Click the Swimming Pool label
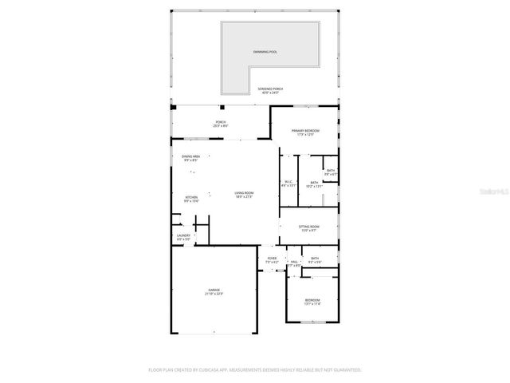point(265,53)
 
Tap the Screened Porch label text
point(269,89)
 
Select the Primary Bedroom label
point(305,130)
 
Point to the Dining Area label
point(190,156)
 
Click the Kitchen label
point(191,197)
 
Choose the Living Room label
point(244,192)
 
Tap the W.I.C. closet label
point(288,182)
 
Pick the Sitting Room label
point(309,227)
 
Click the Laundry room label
point(183,235)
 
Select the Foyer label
point(272,259)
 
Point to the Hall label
point(293,262)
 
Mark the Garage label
point(214,290)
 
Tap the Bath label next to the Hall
point(316,258)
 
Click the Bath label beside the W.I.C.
point(314,183)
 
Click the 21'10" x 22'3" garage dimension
point(214,294)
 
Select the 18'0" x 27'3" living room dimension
point(244,196)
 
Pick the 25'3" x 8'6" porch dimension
point(221,126)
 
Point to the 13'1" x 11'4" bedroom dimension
point(312,304)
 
